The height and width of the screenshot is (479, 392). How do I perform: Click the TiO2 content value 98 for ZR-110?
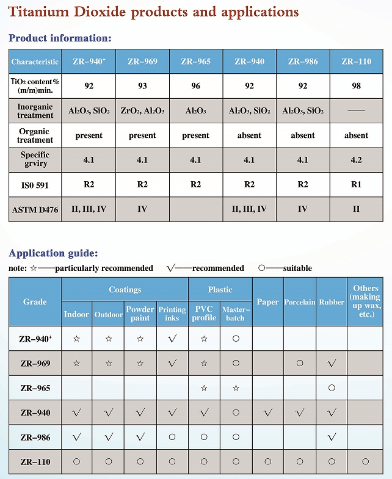coord(356,86)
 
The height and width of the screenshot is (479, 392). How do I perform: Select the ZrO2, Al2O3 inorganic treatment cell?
coord(142,111)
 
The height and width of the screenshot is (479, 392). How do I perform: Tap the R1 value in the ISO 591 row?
coord(356,184)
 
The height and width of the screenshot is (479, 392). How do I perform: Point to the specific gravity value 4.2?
coord(356,160)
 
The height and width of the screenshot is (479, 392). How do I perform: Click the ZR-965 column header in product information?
coord(195,62)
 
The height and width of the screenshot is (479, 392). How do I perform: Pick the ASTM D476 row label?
coord(35,209)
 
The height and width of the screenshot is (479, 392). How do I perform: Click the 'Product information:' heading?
coord(60,38)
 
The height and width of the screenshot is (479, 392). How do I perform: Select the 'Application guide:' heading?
coord(53,253)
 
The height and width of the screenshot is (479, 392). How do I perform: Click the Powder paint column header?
coord(140,314)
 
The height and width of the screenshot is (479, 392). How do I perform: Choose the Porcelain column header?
coord(300,302)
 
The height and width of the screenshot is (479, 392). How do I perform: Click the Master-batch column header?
coord(235,314)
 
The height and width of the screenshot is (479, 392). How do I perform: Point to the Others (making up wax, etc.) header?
coord(366,301)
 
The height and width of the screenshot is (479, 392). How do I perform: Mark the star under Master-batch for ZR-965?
coord(236,388)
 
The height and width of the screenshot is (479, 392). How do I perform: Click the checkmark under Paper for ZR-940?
coord(267,412)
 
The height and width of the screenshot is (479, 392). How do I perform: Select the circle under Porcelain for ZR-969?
coord(300,364)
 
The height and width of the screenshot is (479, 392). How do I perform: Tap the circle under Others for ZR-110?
coord(366,462)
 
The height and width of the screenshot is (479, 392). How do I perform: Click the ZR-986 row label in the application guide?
coord(35,438)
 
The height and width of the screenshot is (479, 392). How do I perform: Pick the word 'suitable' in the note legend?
coord(297,268)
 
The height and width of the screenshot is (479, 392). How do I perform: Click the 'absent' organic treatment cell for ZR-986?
coord(303,135)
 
